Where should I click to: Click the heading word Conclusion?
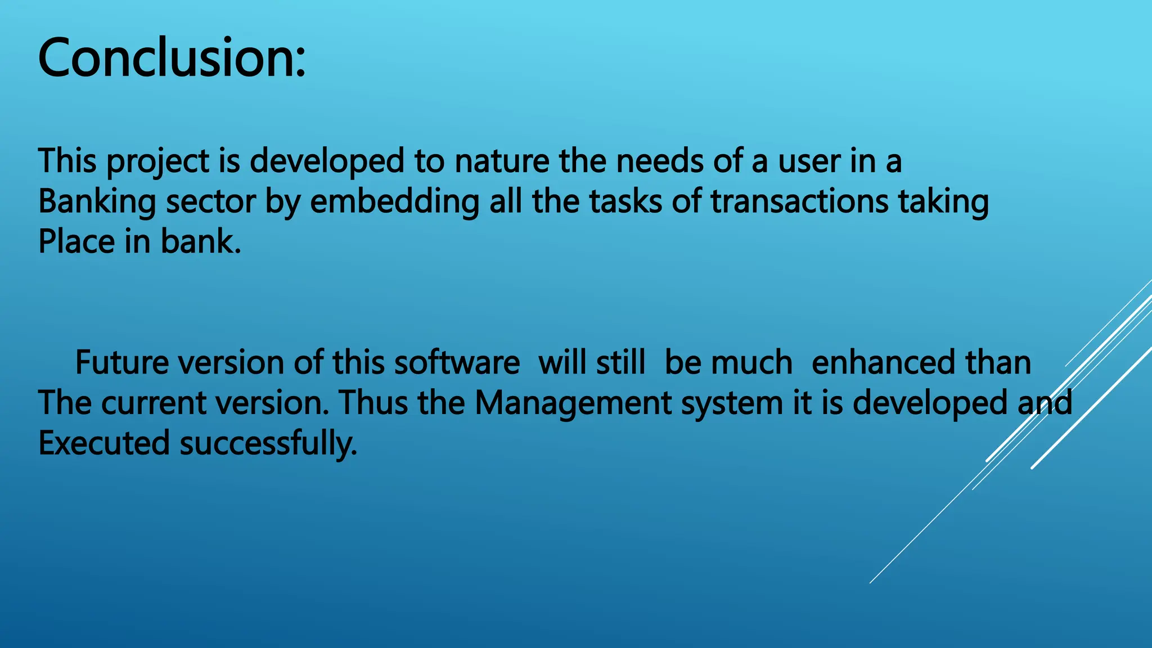click(172, 58)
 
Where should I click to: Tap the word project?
click(157, 161)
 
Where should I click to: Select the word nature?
click(502, 161)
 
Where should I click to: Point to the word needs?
click(660, 161)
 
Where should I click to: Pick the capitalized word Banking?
click(97, 202)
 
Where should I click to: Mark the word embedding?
click(394, 202)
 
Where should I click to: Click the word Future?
click(121, 362)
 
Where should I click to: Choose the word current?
click(153, 403)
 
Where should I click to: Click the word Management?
click(573, 403)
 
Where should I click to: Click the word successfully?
click(268, 443)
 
